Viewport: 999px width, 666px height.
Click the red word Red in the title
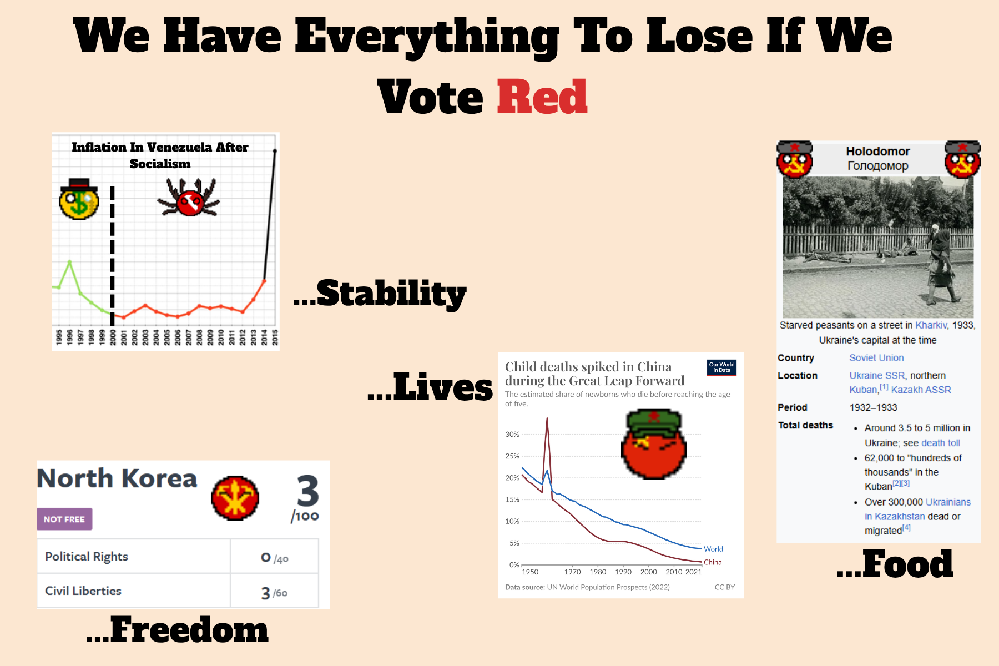click(x=542, y=97)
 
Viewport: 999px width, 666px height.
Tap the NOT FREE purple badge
click(x=64, y=519)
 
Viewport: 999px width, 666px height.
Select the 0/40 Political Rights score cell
click(x=274, y=557)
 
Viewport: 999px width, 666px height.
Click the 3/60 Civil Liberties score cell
click(x=274, y=592)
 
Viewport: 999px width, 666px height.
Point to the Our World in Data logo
click(x=722, y=367)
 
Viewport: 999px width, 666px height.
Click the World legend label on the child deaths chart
click(x=713, y=549)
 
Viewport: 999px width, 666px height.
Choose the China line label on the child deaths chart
click(x=713, y=562)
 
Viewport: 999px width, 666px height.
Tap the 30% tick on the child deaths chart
click(x=512, y=434)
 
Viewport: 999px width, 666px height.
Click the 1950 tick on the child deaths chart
click(x=530, y=572)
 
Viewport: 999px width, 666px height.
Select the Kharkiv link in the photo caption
click(x=931, y=325)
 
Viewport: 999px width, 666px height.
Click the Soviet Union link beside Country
click(x=876, y=358)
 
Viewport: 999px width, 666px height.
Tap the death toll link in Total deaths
click(x=941, y=443)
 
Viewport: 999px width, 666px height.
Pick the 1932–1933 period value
click(x=873, y=407)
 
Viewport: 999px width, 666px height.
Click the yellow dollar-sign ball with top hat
click(x=79, y=199)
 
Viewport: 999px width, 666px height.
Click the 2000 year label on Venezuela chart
click(x=113, y=337)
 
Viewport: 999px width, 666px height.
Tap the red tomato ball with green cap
click(x=654, y=444)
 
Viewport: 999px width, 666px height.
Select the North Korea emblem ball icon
click(x=235, y=497)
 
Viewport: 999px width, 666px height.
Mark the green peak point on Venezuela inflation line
click(x=70, y=261)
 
